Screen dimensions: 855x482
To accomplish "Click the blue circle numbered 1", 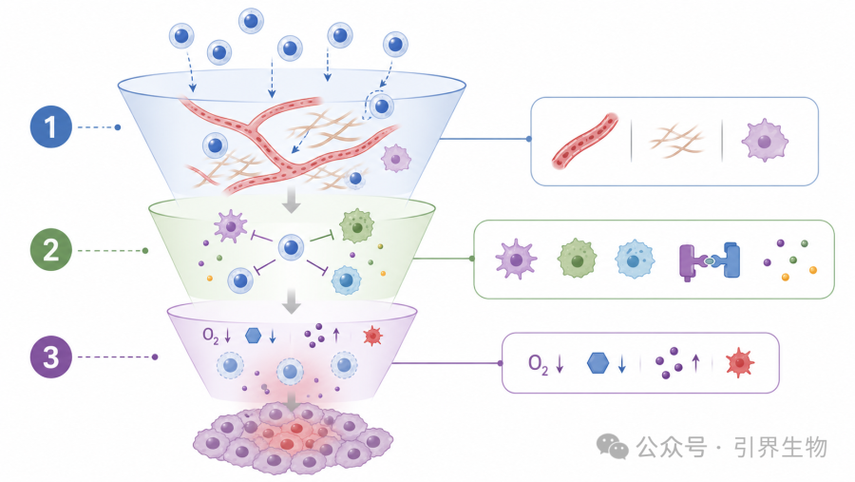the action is [x=50, y=126].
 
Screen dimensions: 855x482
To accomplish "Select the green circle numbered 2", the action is [x=50, y=250].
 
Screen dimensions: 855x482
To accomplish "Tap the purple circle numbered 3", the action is [x=50, y=357].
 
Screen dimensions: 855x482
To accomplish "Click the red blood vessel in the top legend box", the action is [x=584, y=142].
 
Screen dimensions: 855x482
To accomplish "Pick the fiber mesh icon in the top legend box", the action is [x=676, y=141].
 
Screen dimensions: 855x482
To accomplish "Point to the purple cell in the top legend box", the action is [x=765, y=141].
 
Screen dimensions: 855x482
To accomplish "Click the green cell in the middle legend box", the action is [x=577, y=259].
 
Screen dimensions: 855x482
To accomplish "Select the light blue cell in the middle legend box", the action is [x=635, y=260].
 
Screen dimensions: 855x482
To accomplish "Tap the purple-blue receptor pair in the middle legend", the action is [x=710, y=261].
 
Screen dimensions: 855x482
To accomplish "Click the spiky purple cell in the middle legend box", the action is [x=516, y=260].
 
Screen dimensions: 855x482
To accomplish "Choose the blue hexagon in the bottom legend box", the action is [x=598, y=363].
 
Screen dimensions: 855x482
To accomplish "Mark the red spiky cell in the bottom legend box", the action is [x=740, y=362].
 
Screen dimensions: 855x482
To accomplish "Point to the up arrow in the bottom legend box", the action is [x=695, y=363].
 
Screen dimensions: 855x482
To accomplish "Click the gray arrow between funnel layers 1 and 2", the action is [x=292, y=200].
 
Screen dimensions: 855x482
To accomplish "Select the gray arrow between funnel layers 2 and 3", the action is [x=292, y=301].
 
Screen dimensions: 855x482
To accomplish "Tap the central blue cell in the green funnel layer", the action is [x=292, y=247].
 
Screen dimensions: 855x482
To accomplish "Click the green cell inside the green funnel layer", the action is [x=357, y=226].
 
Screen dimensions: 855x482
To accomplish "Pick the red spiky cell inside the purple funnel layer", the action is [x=373, y=337].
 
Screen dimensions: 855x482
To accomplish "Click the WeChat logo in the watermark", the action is [x=613, y=447].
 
